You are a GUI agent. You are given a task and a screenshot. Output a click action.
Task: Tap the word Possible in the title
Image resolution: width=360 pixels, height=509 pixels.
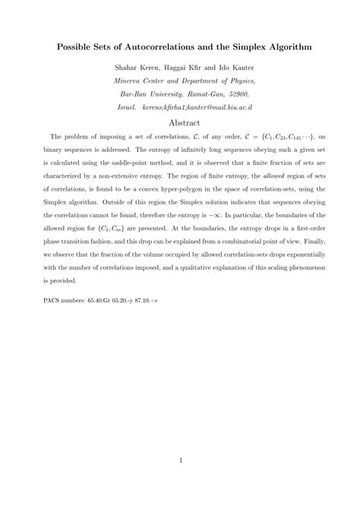click(78, 46)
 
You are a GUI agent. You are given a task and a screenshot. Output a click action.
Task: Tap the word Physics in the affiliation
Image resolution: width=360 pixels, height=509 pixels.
click(236, 81)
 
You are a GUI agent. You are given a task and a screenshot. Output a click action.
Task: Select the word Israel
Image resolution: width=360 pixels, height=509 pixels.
click(128, 108)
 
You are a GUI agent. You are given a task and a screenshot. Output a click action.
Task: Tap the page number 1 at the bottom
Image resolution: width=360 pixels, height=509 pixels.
click(180, 460)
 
